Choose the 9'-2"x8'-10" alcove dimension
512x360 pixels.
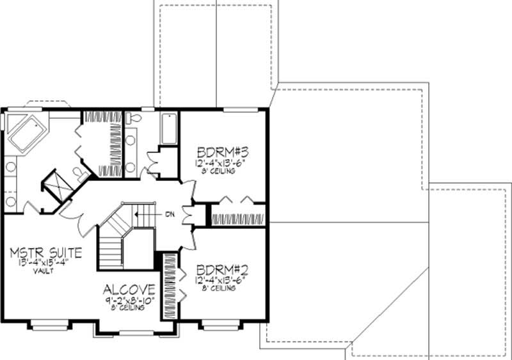coord(127,299)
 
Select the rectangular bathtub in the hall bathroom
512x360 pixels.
coord(169,128)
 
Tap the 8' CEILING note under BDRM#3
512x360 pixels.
coord(221,171)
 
